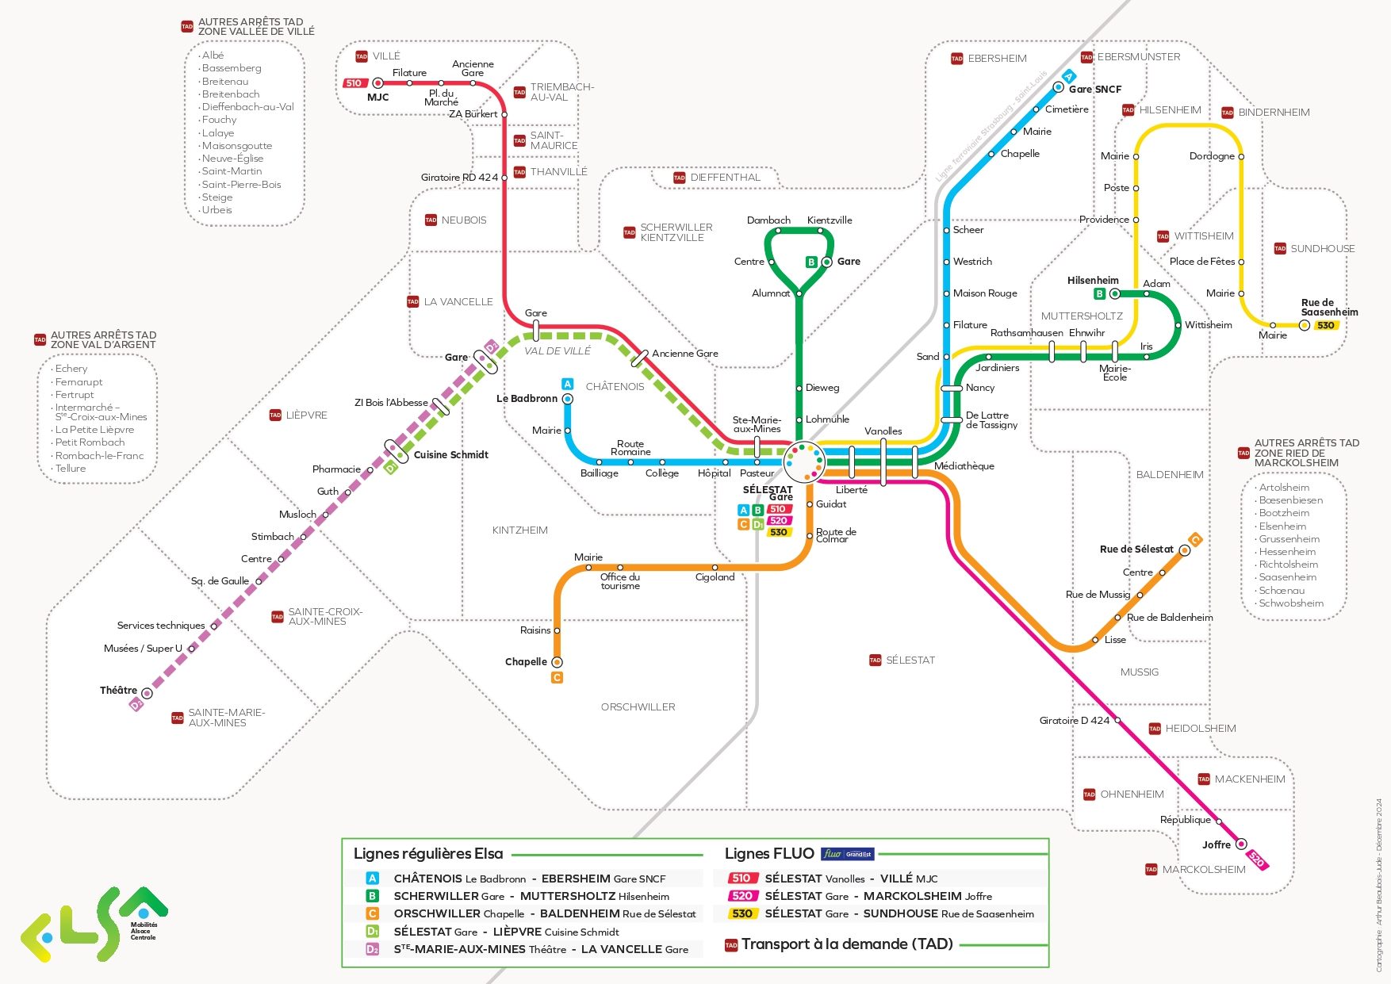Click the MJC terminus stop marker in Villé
click(x=378, y=83)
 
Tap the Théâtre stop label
click(x=118, y=691)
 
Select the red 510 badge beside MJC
click(x=354, y=83)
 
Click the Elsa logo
click(x=94, y=925)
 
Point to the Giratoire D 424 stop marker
click(x=1117, y=721)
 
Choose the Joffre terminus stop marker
click(x=1241, y=844)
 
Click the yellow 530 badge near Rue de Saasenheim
click(x=1325, y=325)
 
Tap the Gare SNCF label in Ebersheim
click(x=1094, y=90)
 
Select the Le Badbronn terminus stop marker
click(x=568, y=399)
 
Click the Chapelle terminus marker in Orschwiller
click(x=557, y=662)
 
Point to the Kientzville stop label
click(x=830, y=220)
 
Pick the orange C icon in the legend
click(x=372, y=913)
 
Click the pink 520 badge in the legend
click(x=741, y=896)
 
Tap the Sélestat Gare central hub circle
click(x=804, y=461)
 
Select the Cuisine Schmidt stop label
click(x=450, y=455)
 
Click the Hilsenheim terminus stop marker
click(x=1115, y=294)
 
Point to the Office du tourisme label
click(x=620, y=581)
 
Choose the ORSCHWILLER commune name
click(x=638, y=707)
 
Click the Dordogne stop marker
click(x=1241, y=157)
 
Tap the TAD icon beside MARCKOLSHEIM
click(x=1151, y=870)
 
